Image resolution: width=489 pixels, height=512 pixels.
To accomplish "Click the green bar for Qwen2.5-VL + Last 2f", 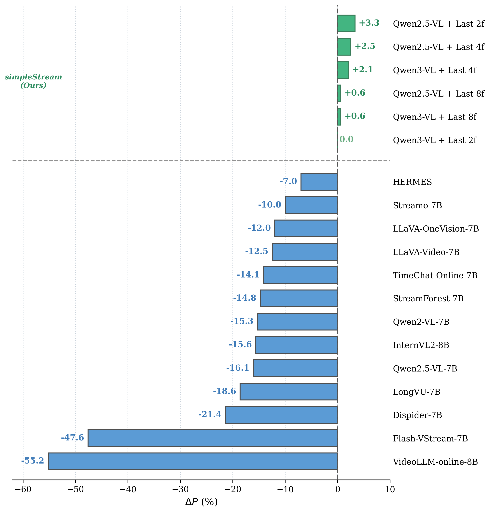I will (x=346, y=23).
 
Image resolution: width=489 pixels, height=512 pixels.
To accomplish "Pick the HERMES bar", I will (x=319, y=182).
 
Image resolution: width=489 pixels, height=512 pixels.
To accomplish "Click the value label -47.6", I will (x=73, y=438).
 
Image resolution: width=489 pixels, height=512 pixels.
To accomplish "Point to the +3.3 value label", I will (x=369, y=23).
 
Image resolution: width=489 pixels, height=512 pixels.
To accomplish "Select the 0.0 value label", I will (x=346, y=139).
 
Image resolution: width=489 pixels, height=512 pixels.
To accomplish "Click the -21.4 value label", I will (x=210, y=414).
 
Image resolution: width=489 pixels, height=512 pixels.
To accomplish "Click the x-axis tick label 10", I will (x=390, y=489).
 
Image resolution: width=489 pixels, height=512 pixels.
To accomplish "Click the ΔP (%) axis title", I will (x=201, y=502).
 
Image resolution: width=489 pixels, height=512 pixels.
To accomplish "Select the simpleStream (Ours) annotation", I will (x=33, y=81).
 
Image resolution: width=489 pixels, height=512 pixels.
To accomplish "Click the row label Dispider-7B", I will (x=417, y=415).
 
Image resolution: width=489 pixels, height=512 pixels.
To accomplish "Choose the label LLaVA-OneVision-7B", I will (x=436, y=229).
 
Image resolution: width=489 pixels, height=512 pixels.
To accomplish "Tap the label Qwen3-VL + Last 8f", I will (x=435, y=117).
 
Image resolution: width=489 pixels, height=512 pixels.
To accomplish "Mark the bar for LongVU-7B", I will (x=289, y=391).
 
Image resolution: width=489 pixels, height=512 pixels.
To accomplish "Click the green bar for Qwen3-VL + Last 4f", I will (x=343, y=70).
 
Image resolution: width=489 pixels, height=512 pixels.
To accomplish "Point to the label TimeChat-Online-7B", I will (x=435, y=275).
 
